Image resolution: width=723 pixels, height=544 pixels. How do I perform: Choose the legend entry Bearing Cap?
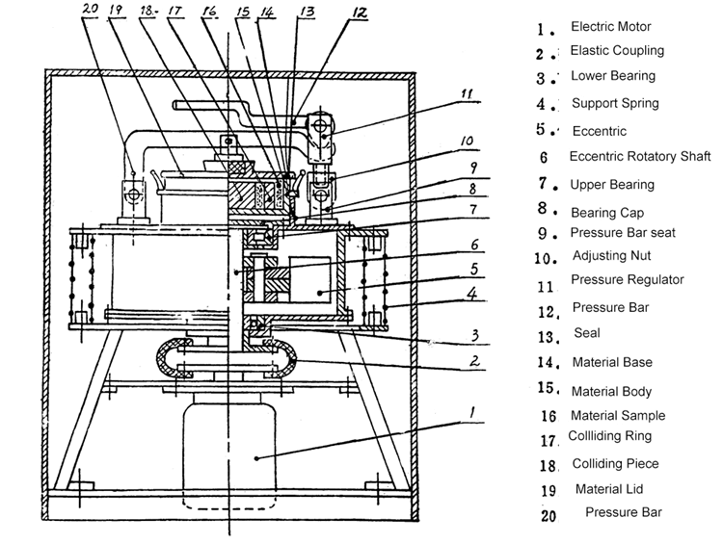click(606, 211)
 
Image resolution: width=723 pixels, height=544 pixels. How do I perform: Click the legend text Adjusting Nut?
click(610, 256)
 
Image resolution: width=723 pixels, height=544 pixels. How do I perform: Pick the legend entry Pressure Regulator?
click(627, 280)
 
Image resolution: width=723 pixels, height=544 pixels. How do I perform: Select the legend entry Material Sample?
click(617, 416)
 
